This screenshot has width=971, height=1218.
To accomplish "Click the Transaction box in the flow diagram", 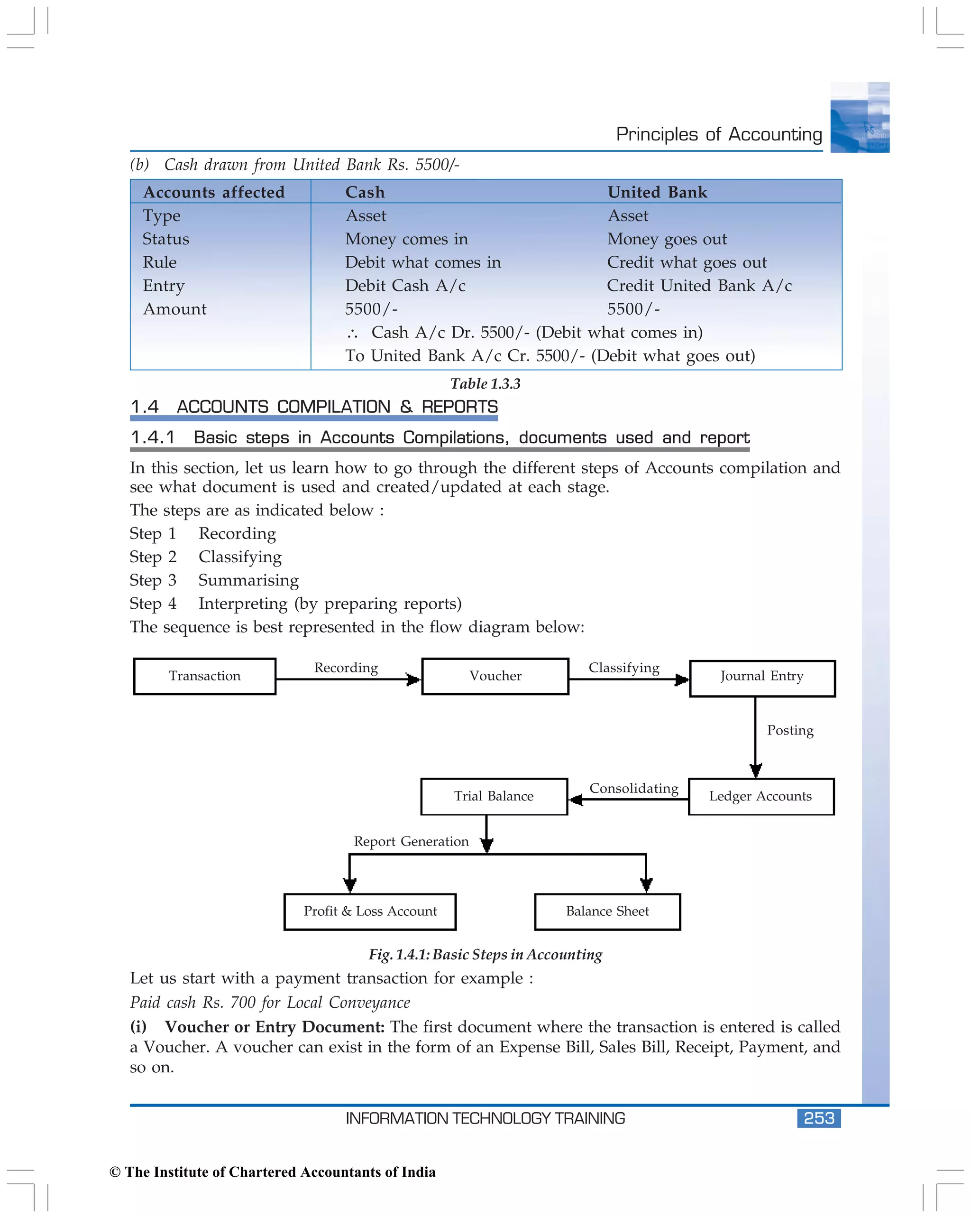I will pos(204,676).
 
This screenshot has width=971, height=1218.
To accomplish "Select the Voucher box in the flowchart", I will pos(495,676).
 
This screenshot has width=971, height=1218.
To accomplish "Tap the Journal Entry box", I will pos(761,678).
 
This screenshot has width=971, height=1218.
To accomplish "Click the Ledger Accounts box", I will pos(760,797).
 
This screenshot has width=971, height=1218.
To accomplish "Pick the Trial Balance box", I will pos(494,797).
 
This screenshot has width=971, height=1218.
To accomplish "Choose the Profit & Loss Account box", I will pos(370,911).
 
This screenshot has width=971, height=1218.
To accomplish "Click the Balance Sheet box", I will pos(607,911).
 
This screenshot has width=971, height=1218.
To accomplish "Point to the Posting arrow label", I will pos(790,730).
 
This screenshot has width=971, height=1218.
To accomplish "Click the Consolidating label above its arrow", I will pos(633,788).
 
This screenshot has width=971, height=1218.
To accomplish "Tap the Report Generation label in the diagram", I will pos(411,842).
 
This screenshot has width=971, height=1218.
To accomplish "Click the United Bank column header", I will pos(657,192).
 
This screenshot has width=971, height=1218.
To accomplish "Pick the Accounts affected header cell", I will pos(214,192).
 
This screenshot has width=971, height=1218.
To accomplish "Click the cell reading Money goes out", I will pos(667,239).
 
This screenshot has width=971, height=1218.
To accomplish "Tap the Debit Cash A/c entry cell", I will pos(405,286).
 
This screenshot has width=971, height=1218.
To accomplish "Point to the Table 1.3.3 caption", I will pos(485,383).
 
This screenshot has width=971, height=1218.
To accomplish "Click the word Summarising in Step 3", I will pos(248,580).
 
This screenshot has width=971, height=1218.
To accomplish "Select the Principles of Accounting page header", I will pos(719,134).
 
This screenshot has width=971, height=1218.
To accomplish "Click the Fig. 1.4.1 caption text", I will pos(485,954).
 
